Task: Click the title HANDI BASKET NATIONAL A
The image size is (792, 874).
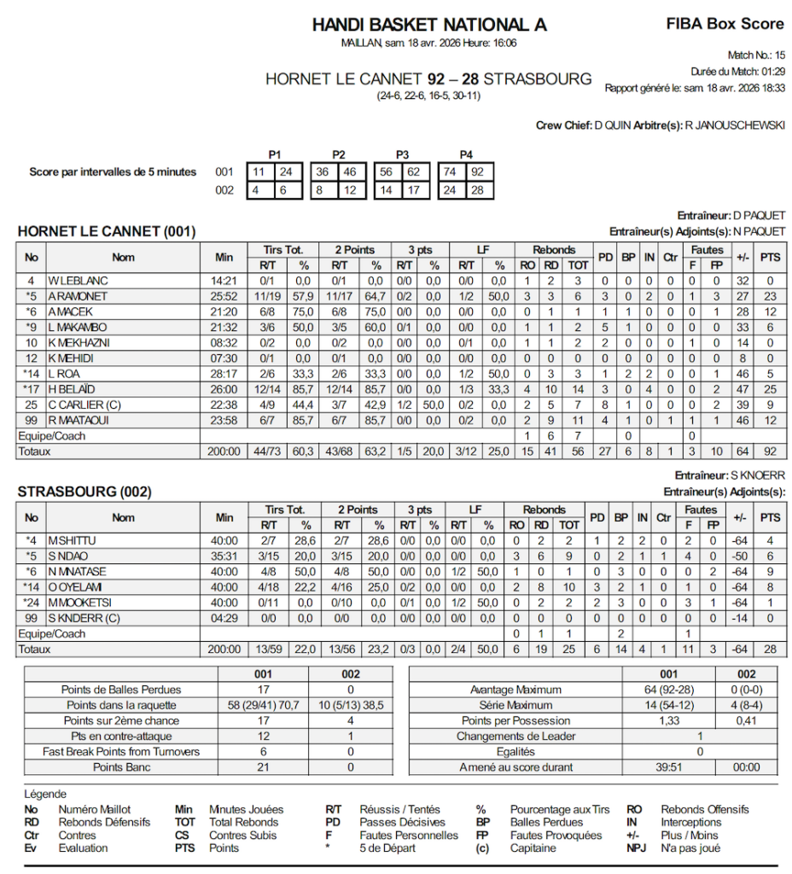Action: click(429, 25)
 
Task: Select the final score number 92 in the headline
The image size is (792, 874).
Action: click(437, 79)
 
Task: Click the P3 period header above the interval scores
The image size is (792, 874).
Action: click(402, 154)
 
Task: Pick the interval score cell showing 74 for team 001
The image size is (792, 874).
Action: click(447, 172)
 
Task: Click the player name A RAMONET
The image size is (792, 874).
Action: click(78, 296)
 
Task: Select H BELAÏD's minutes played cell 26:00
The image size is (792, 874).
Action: click(224, 388)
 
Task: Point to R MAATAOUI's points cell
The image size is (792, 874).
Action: click(770, 419)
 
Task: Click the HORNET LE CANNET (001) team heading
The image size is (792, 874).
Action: click(106, 231)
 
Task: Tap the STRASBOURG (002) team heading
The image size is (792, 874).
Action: click(84, 492)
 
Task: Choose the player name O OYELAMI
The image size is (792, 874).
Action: click(78, 587)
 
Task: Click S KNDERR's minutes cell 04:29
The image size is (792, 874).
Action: click(224, 618)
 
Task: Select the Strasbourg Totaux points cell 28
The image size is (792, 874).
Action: click(770, 650)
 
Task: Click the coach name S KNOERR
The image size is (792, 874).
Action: click(757, 475)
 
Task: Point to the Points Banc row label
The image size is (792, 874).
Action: click(121, 767)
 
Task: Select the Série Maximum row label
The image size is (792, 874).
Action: click(515, 706)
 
